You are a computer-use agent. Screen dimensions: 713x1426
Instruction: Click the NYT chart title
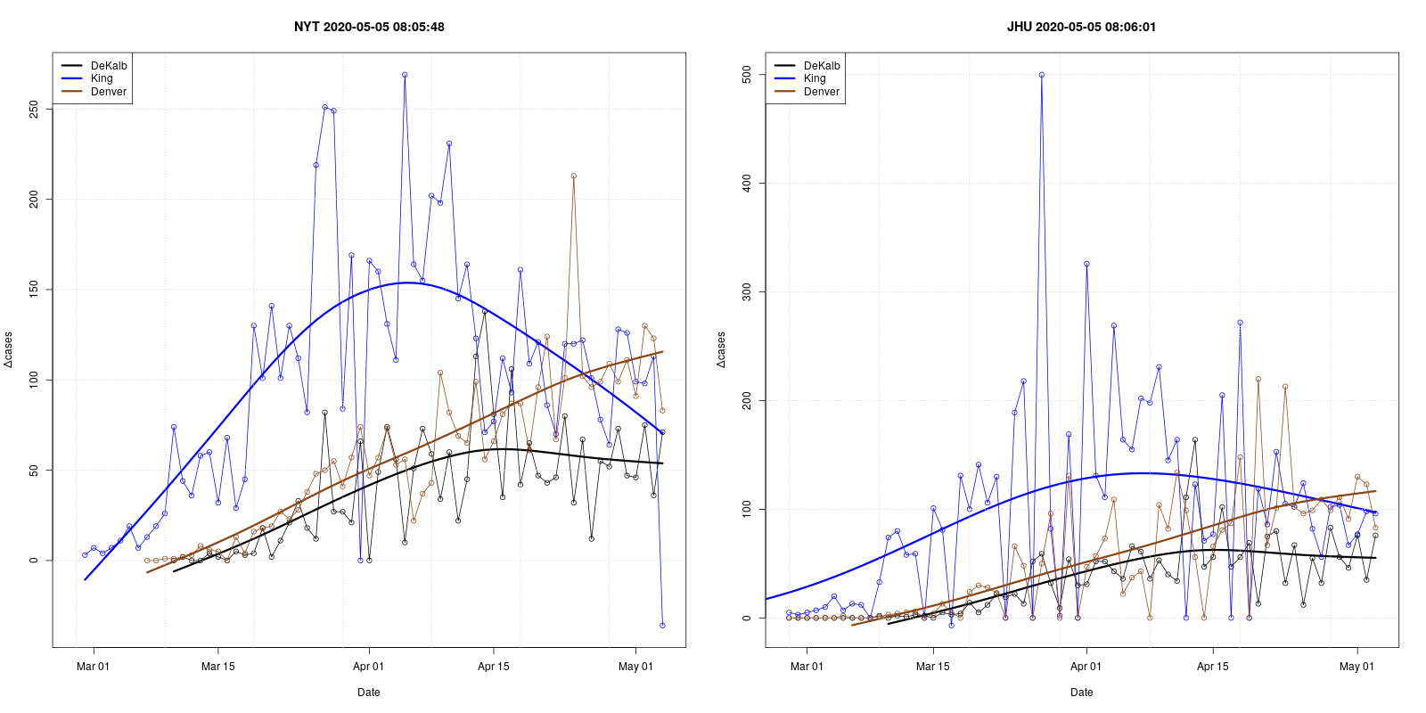369,27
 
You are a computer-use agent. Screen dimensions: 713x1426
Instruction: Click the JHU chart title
1081,27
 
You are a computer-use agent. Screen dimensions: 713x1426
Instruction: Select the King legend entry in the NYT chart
102,78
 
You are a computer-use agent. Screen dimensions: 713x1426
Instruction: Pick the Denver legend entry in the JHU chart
821,92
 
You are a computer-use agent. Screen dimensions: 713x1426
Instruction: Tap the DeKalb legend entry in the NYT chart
109,66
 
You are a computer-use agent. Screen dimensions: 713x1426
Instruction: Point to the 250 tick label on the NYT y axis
34,109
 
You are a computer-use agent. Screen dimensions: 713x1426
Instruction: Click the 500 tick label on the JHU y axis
747,75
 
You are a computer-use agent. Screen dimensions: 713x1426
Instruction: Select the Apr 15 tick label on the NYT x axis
493,667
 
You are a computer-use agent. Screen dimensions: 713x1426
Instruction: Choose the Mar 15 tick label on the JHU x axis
932,667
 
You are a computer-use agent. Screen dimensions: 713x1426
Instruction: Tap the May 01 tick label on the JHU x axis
1356,667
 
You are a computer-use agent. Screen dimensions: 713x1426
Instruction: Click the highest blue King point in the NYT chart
405,75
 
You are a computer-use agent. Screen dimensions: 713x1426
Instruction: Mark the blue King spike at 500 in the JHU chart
1041,75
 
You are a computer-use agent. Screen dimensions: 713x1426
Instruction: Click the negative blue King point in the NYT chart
662,626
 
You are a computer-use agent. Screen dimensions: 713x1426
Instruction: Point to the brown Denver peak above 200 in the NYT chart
573,176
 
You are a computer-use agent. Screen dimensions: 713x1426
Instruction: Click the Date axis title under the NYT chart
369,693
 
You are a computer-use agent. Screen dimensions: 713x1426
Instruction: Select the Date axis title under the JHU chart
1081,693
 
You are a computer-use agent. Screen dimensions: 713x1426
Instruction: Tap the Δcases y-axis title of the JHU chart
721,349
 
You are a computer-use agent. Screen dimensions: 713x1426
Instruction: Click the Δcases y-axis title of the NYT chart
9,349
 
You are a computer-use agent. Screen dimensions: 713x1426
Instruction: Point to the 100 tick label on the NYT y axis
34,380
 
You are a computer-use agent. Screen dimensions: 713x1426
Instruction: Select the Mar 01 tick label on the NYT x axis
93,667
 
